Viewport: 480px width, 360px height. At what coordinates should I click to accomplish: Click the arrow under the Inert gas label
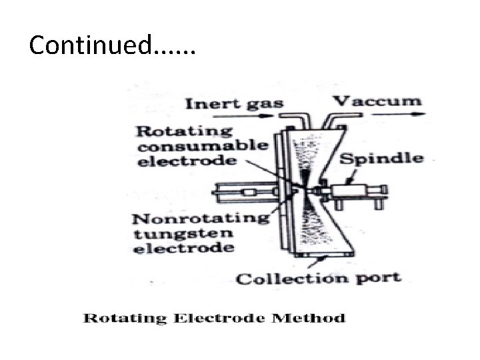(227, 117)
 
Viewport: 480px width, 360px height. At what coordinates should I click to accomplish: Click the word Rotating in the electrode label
(175, 131)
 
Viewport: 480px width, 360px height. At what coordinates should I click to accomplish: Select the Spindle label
(381, 158)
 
